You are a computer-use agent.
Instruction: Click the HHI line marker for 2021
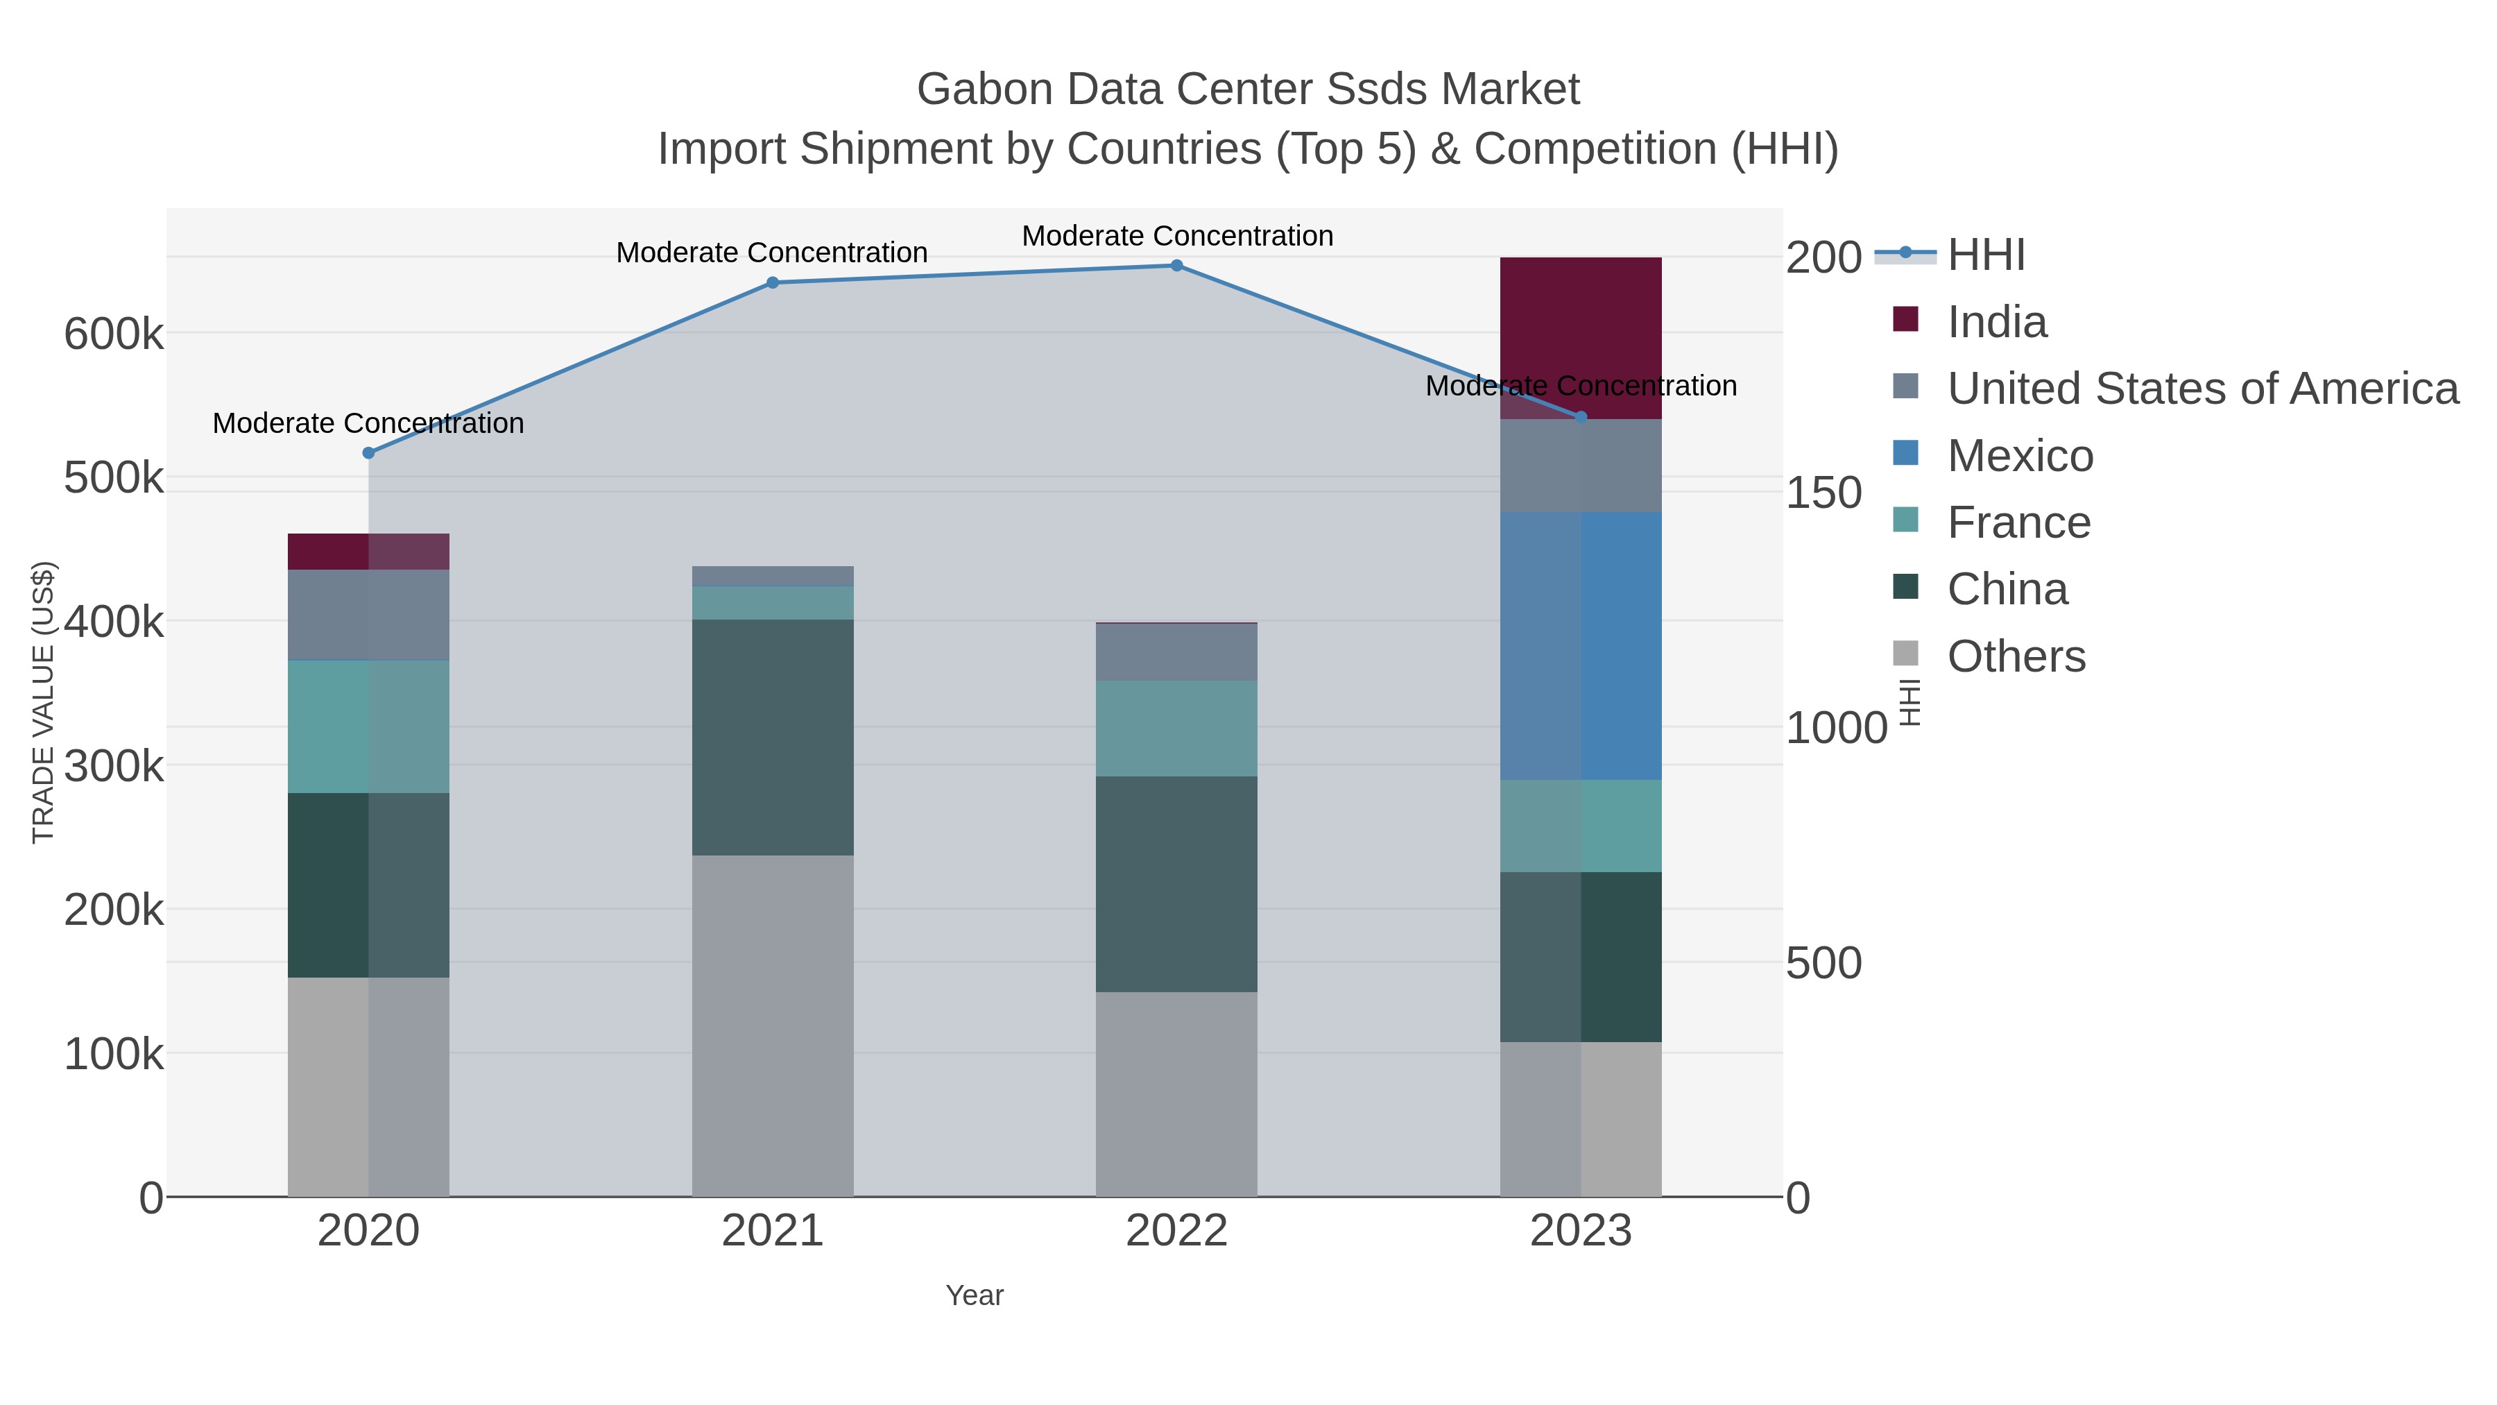[x=773, y=283]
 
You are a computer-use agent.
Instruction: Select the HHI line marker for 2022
[x=1177, y=266]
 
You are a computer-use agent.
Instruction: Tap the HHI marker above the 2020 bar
[x=368, y=453]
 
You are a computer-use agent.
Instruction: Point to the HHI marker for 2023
[x=1581, y=417]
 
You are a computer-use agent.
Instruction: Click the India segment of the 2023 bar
[x=1581, y=330]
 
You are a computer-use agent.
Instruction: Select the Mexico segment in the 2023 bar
[x=1581, y=646]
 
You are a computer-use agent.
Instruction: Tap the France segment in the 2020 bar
[x=368, y=726]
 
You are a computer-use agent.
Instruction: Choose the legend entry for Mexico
[x=2020, y=456]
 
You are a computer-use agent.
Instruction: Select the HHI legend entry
[x=1985, y=255]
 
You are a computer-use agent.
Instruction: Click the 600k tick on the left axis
[x=114, y=336]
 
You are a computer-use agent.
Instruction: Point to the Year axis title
[x=975, y=1295]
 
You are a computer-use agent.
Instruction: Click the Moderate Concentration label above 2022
[x=1177, y=236]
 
